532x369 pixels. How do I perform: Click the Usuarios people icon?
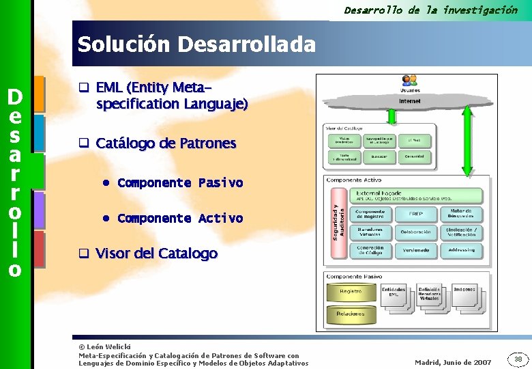pos(409,81)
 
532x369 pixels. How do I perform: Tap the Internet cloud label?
pos(409,101)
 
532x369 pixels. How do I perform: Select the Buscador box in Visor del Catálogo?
pos(379,156)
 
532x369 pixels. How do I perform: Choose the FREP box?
pos(415,214)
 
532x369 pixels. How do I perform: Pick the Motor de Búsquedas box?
pos(461,214)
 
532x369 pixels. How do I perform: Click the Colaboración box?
pos(415,232)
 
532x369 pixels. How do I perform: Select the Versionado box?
pos(415,251)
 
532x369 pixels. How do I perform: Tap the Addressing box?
pos(461,251)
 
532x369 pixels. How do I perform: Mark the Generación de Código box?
pos(370,251)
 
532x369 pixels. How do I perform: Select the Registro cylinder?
pos(351,292)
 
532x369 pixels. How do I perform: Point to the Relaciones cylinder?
pos(351,314)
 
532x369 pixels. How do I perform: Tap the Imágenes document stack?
pos(465,292)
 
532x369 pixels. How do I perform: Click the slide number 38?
pos(518,359)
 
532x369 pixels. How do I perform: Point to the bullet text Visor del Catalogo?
pos(157,254)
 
